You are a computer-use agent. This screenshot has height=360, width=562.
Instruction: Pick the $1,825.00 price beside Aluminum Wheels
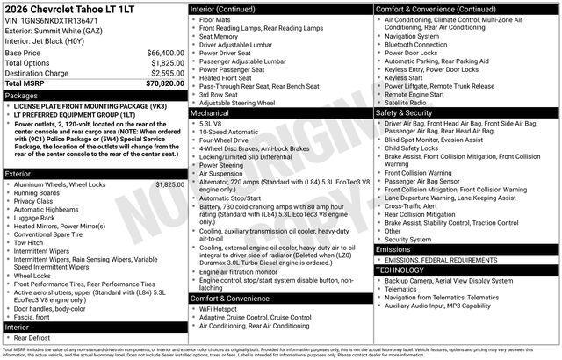pos(169,185)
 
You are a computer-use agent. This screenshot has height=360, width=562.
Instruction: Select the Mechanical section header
pos(210,113)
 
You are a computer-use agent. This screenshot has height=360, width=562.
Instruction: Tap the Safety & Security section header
pos(403,113)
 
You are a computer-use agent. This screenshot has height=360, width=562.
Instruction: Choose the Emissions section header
pos(393,249)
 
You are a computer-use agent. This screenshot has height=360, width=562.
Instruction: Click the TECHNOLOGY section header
pos(400,270)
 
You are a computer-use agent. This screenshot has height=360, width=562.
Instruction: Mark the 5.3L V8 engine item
pos(211,124)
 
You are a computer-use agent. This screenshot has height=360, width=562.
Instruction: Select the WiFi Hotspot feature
pos(220,309)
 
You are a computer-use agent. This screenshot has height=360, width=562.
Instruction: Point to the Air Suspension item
pos(222,174)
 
